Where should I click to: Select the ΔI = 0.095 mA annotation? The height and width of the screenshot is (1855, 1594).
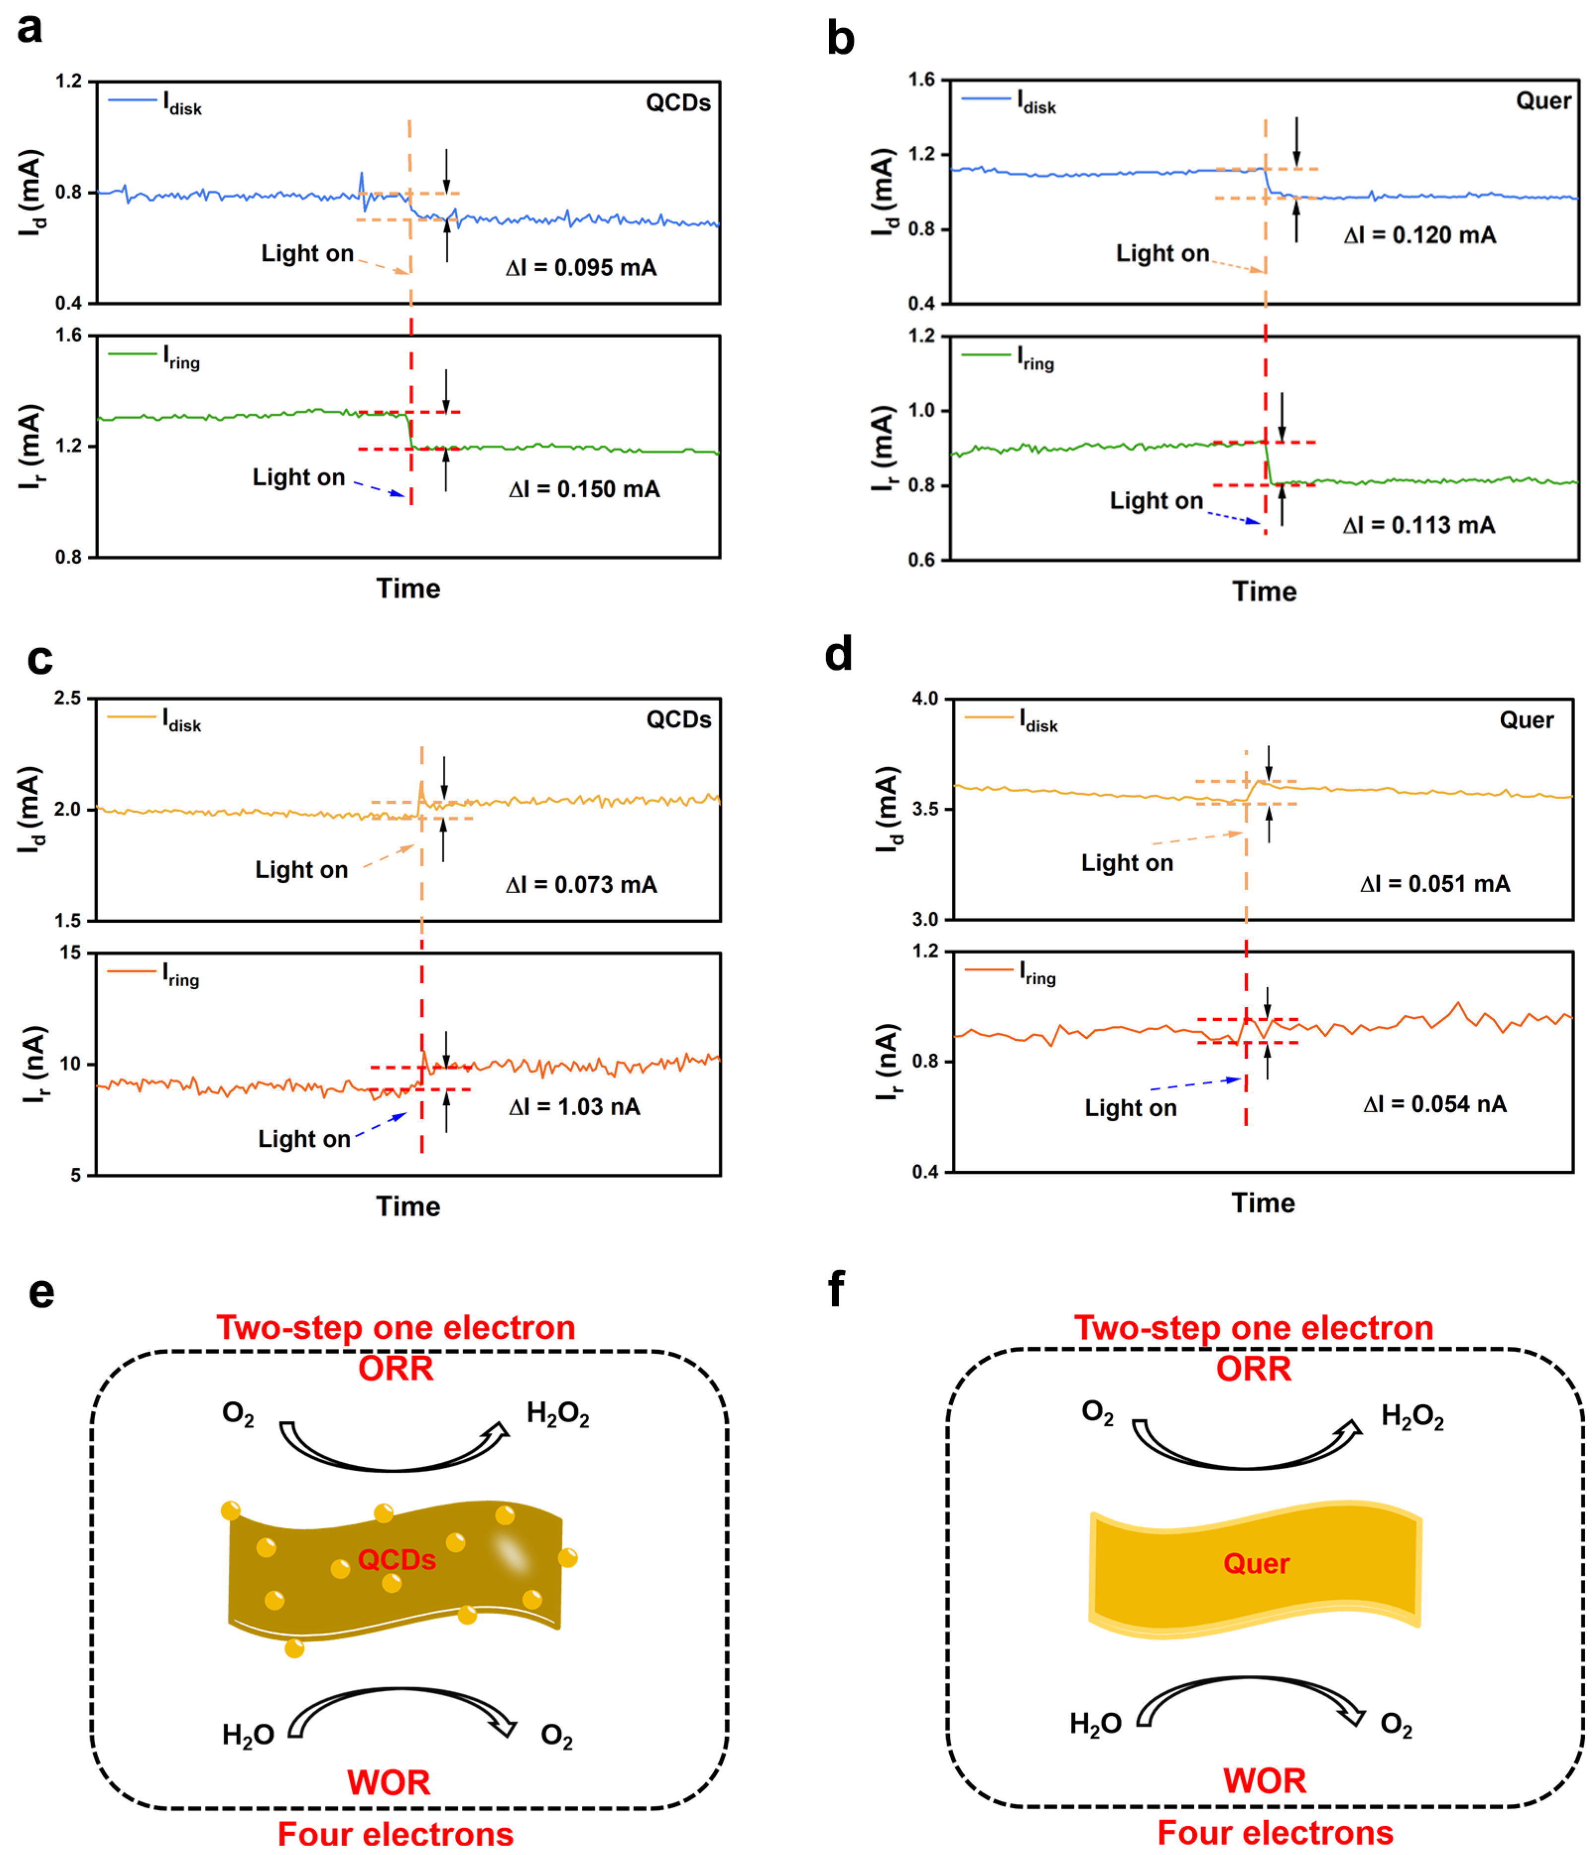[581, 268]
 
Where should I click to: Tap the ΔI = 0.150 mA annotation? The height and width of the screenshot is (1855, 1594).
[584, 489]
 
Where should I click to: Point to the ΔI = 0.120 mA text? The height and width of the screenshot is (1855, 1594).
[1419, 236]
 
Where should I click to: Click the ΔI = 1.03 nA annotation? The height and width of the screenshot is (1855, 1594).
[574, 1107]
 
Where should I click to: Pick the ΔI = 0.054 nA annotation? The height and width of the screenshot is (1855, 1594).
[1435, 1104]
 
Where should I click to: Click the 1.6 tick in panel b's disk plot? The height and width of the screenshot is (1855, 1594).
[921, 80]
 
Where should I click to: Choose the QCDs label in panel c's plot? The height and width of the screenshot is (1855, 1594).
[678, 720]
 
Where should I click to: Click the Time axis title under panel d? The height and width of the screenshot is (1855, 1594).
[1263, 1202]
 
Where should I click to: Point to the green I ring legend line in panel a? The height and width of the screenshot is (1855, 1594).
[131, 355]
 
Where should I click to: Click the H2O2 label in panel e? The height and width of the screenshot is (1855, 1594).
[557, 1415]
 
